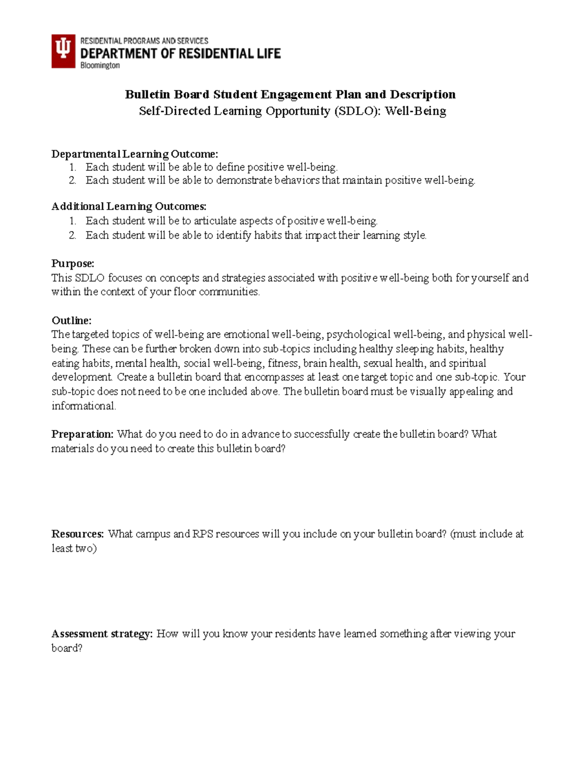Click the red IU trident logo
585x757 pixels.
pyautogui.click(x=63, y=51)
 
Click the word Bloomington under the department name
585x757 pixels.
pyautogui.click(x=100, y=65)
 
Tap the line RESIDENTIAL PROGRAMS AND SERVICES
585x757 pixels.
pyautogui.click(x=144, y=41)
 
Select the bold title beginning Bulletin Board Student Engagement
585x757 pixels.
pyautogui.click(x=290, y=94)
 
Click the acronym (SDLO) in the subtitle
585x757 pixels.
pyautogui.click(x=357, y=111)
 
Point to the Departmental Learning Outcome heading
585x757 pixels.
pyautogui.click(x=135, y=154)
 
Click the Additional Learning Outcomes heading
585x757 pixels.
pyautogui.click(x=129, y=206)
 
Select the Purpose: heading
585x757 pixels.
pyautogui.click(x=73, y=263)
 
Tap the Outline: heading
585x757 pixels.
pyautogui.click(x=72, y=320)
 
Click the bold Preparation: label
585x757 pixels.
pyautogui.click(x=82, y=434)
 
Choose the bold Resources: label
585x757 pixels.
pyautogui.click(x=78, y=534)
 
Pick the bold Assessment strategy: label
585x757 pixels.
pyautogui.click(x=102, y=634)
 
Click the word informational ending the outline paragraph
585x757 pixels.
pyautogui.click(x=84, y=406)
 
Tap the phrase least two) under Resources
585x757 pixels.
pyautogui.click(x=74, y=548)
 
